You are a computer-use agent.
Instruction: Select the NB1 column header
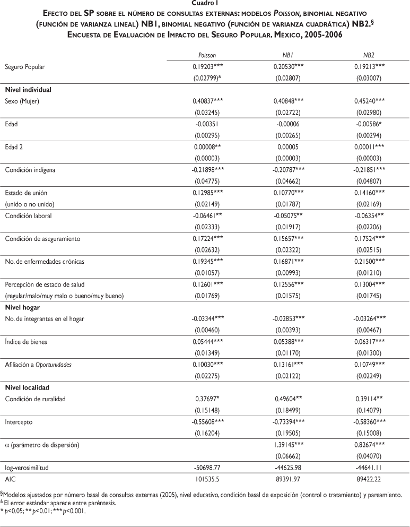(x=288, y=55)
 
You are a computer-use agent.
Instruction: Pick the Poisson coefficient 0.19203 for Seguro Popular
(x=202, y=68)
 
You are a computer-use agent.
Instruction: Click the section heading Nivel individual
(x=28, y=89)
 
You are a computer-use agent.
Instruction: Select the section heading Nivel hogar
(x=23, y=306)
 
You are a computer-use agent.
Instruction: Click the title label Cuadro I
(x=205, y=3)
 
